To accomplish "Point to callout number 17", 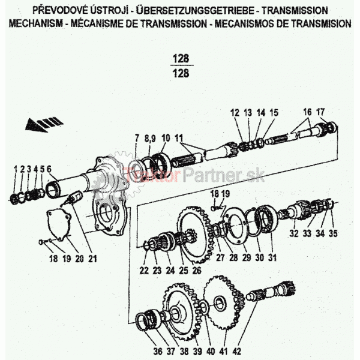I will pos(320,112).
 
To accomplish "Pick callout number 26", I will pos(197,271).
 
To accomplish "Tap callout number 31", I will pos(271,259).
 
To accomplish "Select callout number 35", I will pos(334,233).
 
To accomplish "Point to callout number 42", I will pos(238,352).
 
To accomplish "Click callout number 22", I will pos(144,271).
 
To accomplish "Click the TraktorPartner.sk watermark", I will pos(179,176).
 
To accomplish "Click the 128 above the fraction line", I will pos(180,59).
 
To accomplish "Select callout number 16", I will pos(307,112).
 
